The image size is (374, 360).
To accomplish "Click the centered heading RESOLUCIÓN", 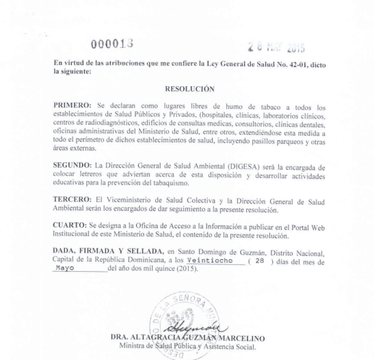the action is pyautogui.click(x=190, y=88).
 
